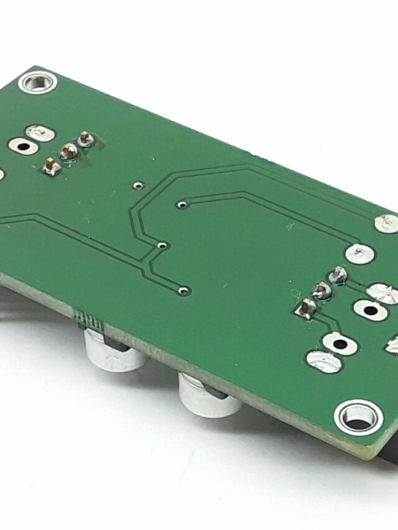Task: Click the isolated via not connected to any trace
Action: (x=138, y=184)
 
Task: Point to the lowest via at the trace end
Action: (x=183, y=289)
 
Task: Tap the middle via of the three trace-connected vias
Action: (x=162, y=245)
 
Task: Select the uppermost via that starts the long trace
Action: (x=182, y=203)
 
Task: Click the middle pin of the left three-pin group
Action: (x=68, y=150)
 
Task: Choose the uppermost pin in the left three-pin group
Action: (x=85, y=139)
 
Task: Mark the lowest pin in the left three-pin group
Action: (x=50, y=165)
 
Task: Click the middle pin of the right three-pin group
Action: (x=322, y=289)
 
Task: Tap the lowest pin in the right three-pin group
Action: (x=306, y=306)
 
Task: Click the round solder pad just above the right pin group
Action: (x=359, y=253)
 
